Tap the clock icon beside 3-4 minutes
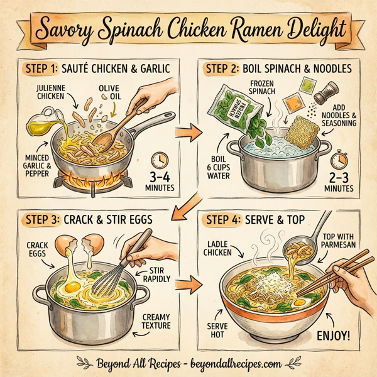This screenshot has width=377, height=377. tap(160, 157)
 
